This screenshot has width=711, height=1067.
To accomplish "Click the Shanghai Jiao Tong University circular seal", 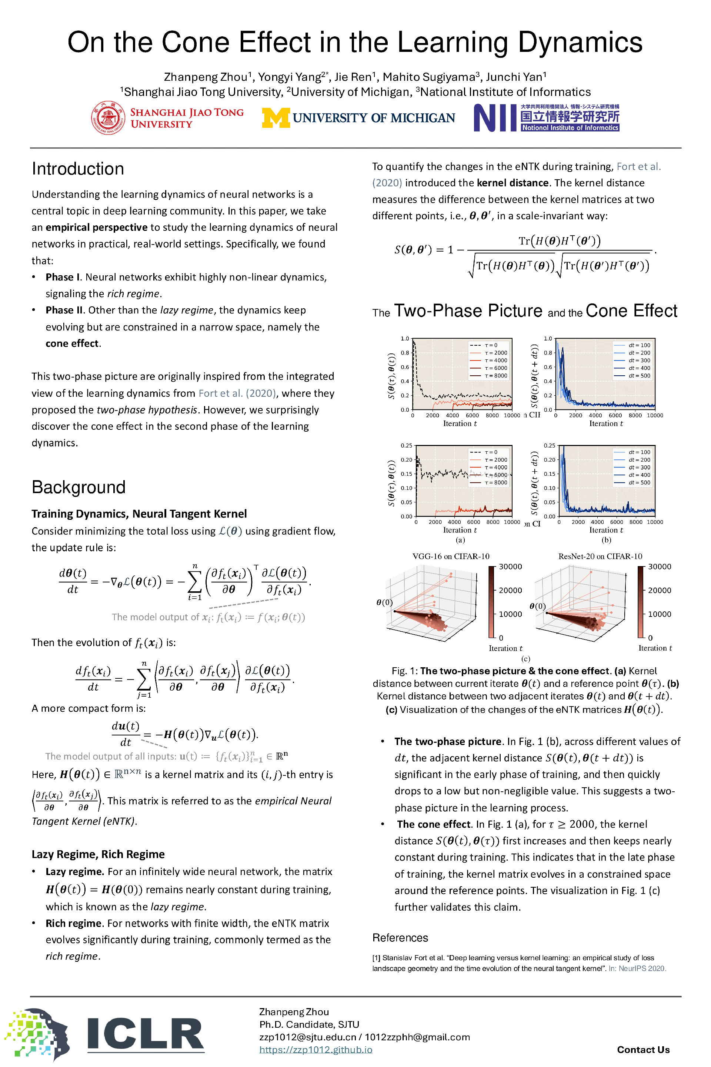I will coord(108,118).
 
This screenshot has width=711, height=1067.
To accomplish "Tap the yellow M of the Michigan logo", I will coord(276,118).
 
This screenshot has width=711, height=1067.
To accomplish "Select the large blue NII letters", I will coord(495,118).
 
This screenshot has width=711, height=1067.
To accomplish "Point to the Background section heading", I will coord(79,487).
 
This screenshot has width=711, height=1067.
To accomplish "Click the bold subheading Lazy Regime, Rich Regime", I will coord(98,854).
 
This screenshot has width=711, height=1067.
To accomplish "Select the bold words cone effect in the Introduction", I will coord(72,343).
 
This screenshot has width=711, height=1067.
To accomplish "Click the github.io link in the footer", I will coord(316,1049).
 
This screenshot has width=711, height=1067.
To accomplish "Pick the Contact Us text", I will coord(643,1049).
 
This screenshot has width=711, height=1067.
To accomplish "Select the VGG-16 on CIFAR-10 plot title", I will coord(451,556).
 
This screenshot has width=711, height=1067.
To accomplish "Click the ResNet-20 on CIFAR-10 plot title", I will coord(600,556).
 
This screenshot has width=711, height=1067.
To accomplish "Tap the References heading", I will coord(400,938).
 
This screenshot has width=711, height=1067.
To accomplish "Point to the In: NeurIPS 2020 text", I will coord(637,968).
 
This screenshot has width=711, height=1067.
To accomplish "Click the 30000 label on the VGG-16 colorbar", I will coord(510,566).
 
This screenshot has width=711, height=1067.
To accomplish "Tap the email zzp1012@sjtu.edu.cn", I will coord(307,1037).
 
